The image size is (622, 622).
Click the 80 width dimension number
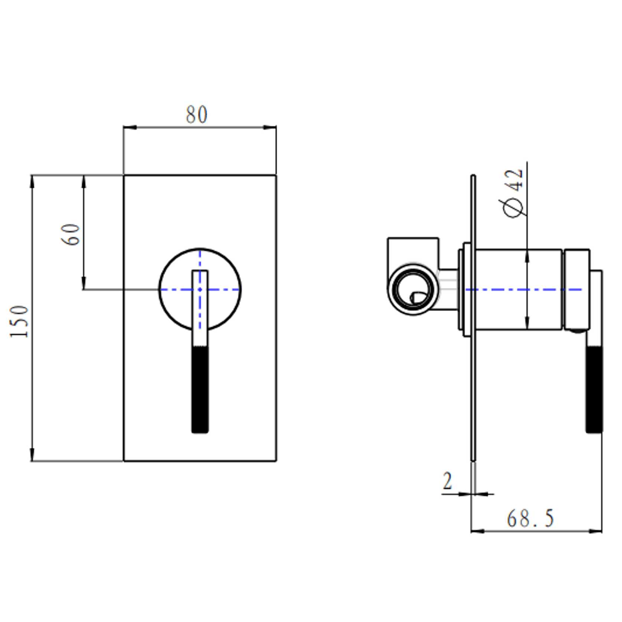point(196,115)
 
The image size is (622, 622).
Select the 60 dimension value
point(71,235)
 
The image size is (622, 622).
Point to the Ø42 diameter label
point(514,193)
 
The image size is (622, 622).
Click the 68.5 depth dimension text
point(530,518)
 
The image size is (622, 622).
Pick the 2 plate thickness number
point(448,481)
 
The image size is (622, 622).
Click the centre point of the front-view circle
point(200,289)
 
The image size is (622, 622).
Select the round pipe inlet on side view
point(413,289)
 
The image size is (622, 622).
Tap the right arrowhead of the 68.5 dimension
point(596,531)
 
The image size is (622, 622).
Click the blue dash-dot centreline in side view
point(520,289)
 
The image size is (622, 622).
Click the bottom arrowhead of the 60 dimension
point(84,284)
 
